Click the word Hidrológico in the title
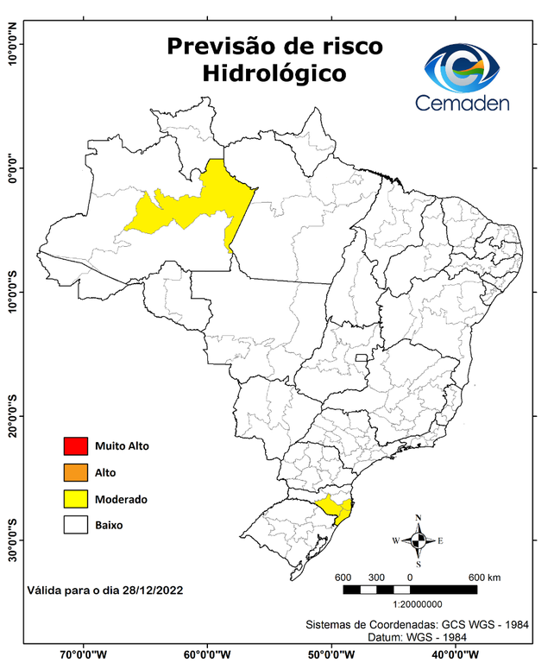point(274,74)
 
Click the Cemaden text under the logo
point(463,103)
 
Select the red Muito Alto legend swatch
point(75,446)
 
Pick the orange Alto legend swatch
point(75,472)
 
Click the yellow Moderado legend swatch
point(75,498)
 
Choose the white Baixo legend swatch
point(75,524)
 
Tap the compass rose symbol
point(418,540)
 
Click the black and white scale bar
point(410,590)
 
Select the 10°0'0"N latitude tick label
point(13,43)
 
